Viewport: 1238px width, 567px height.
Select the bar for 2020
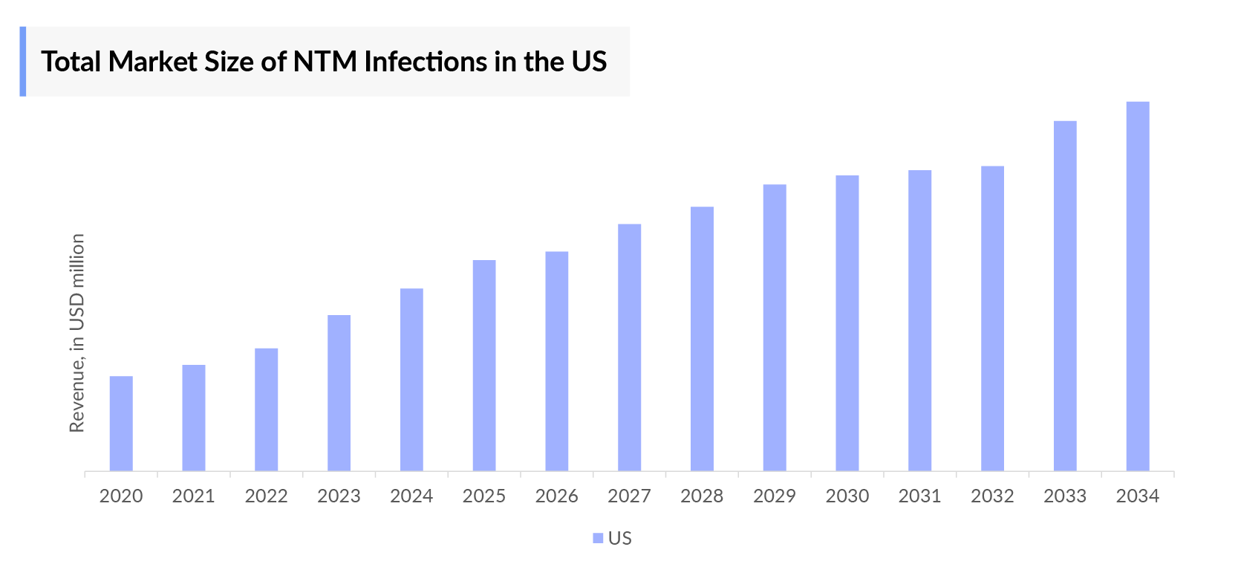[121, 424]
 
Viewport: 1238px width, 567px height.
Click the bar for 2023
[339, 393]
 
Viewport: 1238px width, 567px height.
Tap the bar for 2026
[557, 361]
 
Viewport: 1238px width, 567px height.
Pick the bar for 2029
[775, 328]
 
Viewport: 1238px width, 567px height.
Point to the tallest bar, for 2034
[1138, 286]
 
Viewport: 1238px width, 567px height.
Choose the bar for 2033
[1065, 296]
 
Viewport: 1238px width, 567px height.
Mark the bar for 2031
[919, 320]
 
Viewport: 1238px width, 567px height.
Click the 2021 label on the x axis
[193, 496]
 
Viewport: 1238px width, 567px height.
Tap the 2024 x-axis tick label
[411, 496]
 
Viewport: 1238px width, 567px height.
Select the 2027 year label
[629, 496]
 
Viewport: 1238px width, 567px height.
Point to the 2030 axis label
[847, 496]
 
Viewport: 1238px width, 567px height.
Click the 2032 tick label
[992, 496]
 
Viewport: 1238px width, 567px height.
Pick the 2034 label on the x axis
[1138, 496]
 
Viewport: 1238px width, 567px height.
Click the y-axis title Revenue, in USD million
[77, 333]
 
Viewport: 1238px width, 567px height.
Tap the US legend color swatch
[598, 539]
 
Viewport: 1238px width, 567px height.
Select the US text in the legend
[620, 539]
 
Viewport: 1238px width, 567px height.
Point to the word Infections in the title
[426, 62]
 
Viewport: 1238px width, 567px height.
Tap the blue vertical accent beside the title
[23, 62]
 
